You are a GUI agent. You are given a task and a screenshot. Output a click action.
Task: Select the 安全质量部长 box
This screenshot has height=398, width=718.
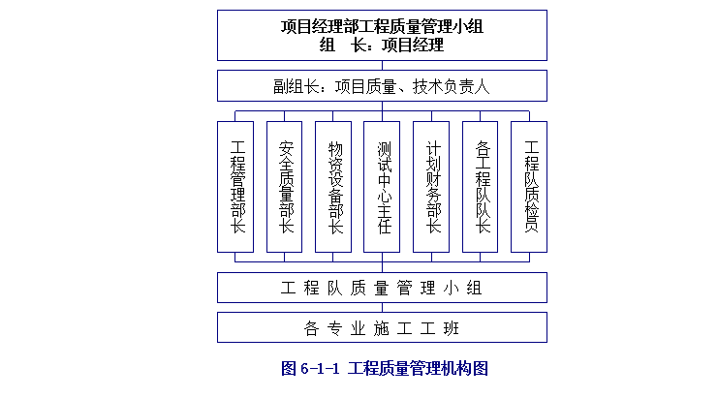pyautogui.click(x=286, y=187)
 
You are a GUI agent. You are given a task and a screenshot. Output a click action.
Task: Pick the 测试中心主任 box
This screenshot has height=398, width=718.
pyautogui.click(x=383, y=187)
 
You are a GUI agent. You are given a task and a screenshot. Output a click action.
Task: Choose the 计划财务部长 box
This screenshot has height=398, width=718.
pyautogui.click(x=432, y=187)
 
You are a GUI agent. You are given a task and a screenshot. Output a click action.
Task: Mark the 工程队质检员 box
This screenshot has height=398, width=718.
pyautogui.click(x=530, y=187)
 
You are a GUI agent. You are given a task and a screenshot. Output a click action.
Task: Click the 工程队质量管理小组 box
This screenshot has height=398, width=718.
pyautogui.click(x=382, y=288)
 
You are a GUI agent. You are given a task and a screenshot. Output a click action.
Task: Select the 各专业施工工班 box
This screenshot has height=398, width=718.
pyautogui.click(x=382, y=327)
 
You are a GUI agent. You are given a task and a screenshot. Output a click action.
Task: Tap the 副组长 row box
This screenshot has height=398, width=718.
pyautogui.click(x=382, y=86)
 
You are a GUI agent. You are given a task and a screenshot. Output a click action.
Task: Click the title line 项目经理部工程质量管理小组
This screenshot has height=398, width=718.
pyautogui.click(x=382, y=26)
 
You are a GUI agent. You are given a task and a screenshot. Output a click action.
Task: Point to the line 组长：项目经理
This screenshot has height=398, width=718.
pyautogui.click(x=382, y=45)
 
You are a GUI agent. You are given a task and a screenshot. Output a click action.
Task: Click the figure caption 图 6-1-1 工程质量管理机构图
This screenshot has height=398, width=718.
pyautogui.click(x=383, y=368)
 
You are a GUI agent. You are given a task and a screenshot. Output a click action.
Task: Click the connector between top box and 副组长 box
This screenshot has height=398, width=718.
pyautogui.click(x=382, y=65)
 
